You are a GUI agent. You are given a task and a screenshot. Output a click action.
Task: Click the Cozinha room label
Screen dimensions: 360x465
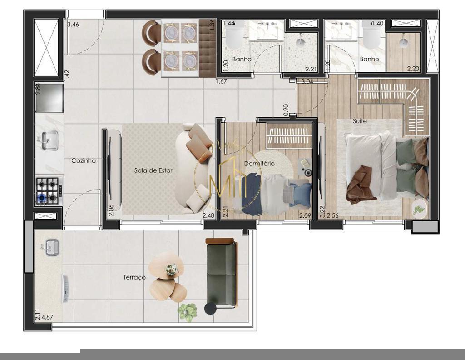coord(84,160)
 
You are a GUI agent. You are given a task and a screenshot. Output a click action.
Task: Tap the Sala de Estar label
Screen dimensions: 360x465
coord(153,170)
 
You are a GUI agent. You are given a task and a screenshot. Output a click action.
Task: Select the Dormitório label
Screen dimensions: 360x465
coord(259,163)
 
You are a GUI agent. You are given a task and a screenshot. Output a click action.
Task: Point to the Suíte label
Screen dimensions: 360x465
coord(360,121)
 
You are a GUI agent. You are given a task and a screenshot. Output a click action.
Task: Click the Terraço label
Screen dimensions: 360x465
coord(134,277)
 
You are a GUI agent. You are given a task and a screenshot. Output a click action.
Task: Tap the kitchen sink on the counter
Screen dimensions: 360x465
coord(49,140)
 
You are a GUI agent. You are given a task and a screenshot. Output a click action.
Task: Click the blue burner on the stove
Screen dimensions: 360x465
coord(42,198)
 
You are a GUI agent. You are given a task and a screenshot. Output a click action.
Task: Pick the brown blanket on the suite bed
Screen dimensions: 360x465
coord(361,184)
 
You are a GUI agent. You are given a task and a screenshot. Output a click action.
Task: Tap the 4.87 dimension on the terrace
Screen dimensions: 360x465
coord(48,317)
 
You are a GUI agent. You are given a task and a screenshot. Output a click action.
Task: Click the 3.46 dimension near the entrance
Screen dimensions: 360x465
coord(73,25)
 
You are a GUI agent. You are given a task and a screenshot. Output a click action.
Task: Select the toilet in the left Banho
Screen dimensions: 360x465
coord(235,37)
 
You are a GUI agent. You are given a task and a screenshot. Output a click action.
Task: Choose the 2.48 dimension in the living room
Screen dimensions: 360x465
coord(208,215)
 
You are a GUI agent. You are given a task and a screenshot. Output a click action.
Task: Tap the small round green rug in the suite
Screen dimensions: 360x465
coord(420,208)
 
